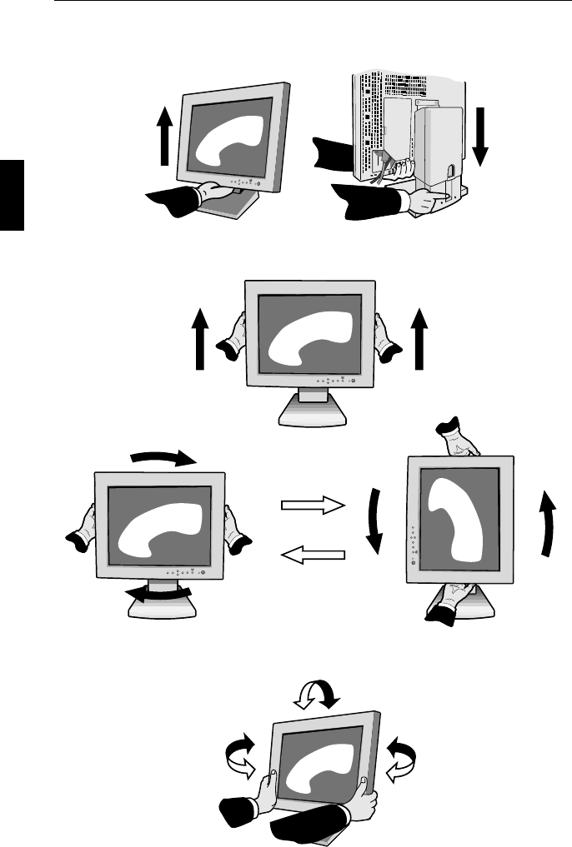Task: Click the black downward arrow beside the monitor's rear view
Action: [x=479, y=137]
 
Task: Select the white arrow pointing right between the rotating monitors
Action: [x=314, y=506]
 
